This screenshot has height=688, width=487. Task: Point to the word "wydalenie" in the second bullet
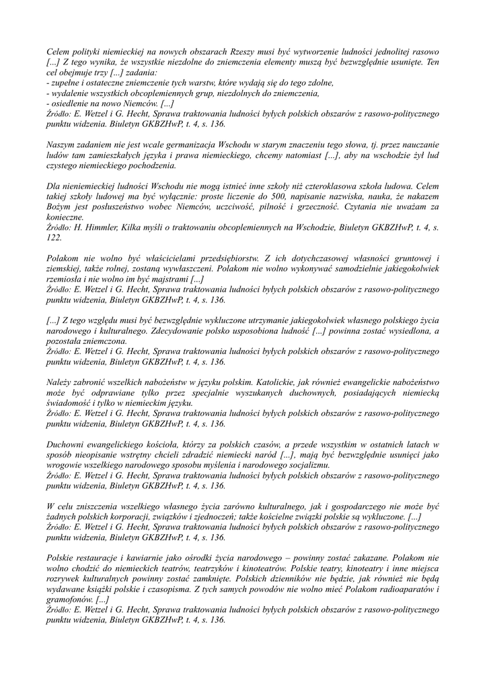[71, 93]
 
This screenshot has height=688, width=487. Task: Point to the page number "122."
[54, 238]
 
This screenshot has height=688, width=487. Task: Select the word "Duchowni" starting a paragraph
[67, 445]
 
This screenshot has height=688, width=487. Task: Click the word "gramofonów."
[71, 599]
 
